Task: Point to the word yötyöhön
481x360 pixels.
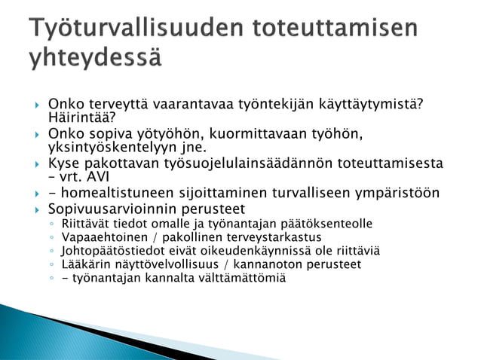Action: [173, 133]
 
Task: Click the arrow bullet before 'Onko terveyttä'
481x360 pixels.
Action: [32, 104]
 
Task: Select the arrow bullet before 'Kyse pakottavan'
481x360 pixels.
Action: [32, 163]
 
